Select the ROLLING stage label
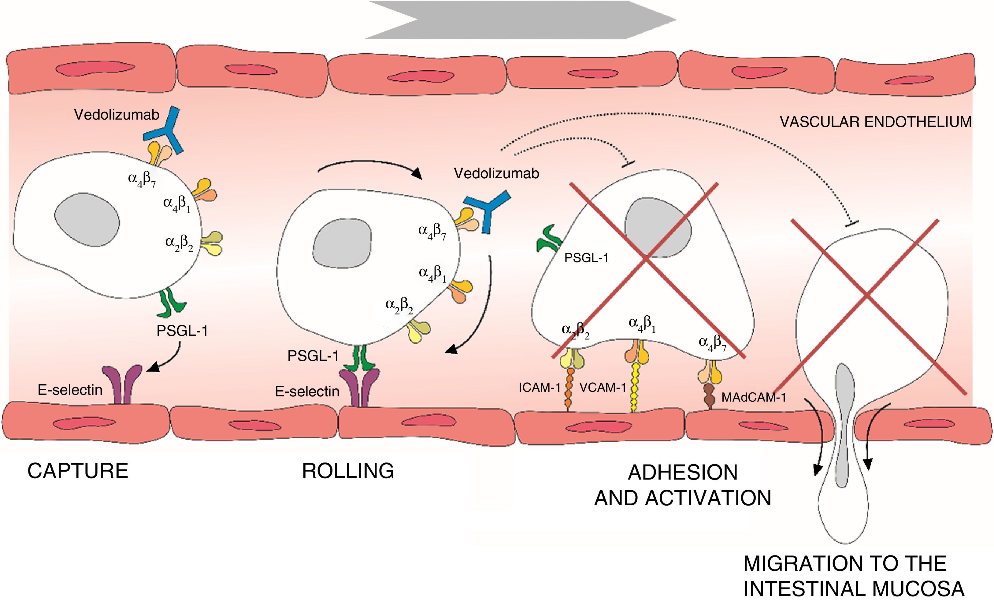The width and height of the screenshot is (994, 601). point(348,471)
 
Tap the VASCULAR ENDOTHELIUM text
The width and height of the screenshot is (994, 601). point(875,122)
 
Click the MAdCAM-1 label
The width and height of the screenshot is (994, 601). point(754,397)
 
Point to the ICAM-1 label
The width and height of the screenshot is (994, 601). point(539,388)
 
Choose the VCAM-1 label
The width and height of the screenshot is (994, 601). point(603,388)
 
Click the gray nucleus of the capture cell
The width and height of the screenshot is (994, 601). point(87,220)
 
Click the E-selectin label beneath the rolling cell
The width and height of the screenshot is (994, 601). point(307,391)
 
